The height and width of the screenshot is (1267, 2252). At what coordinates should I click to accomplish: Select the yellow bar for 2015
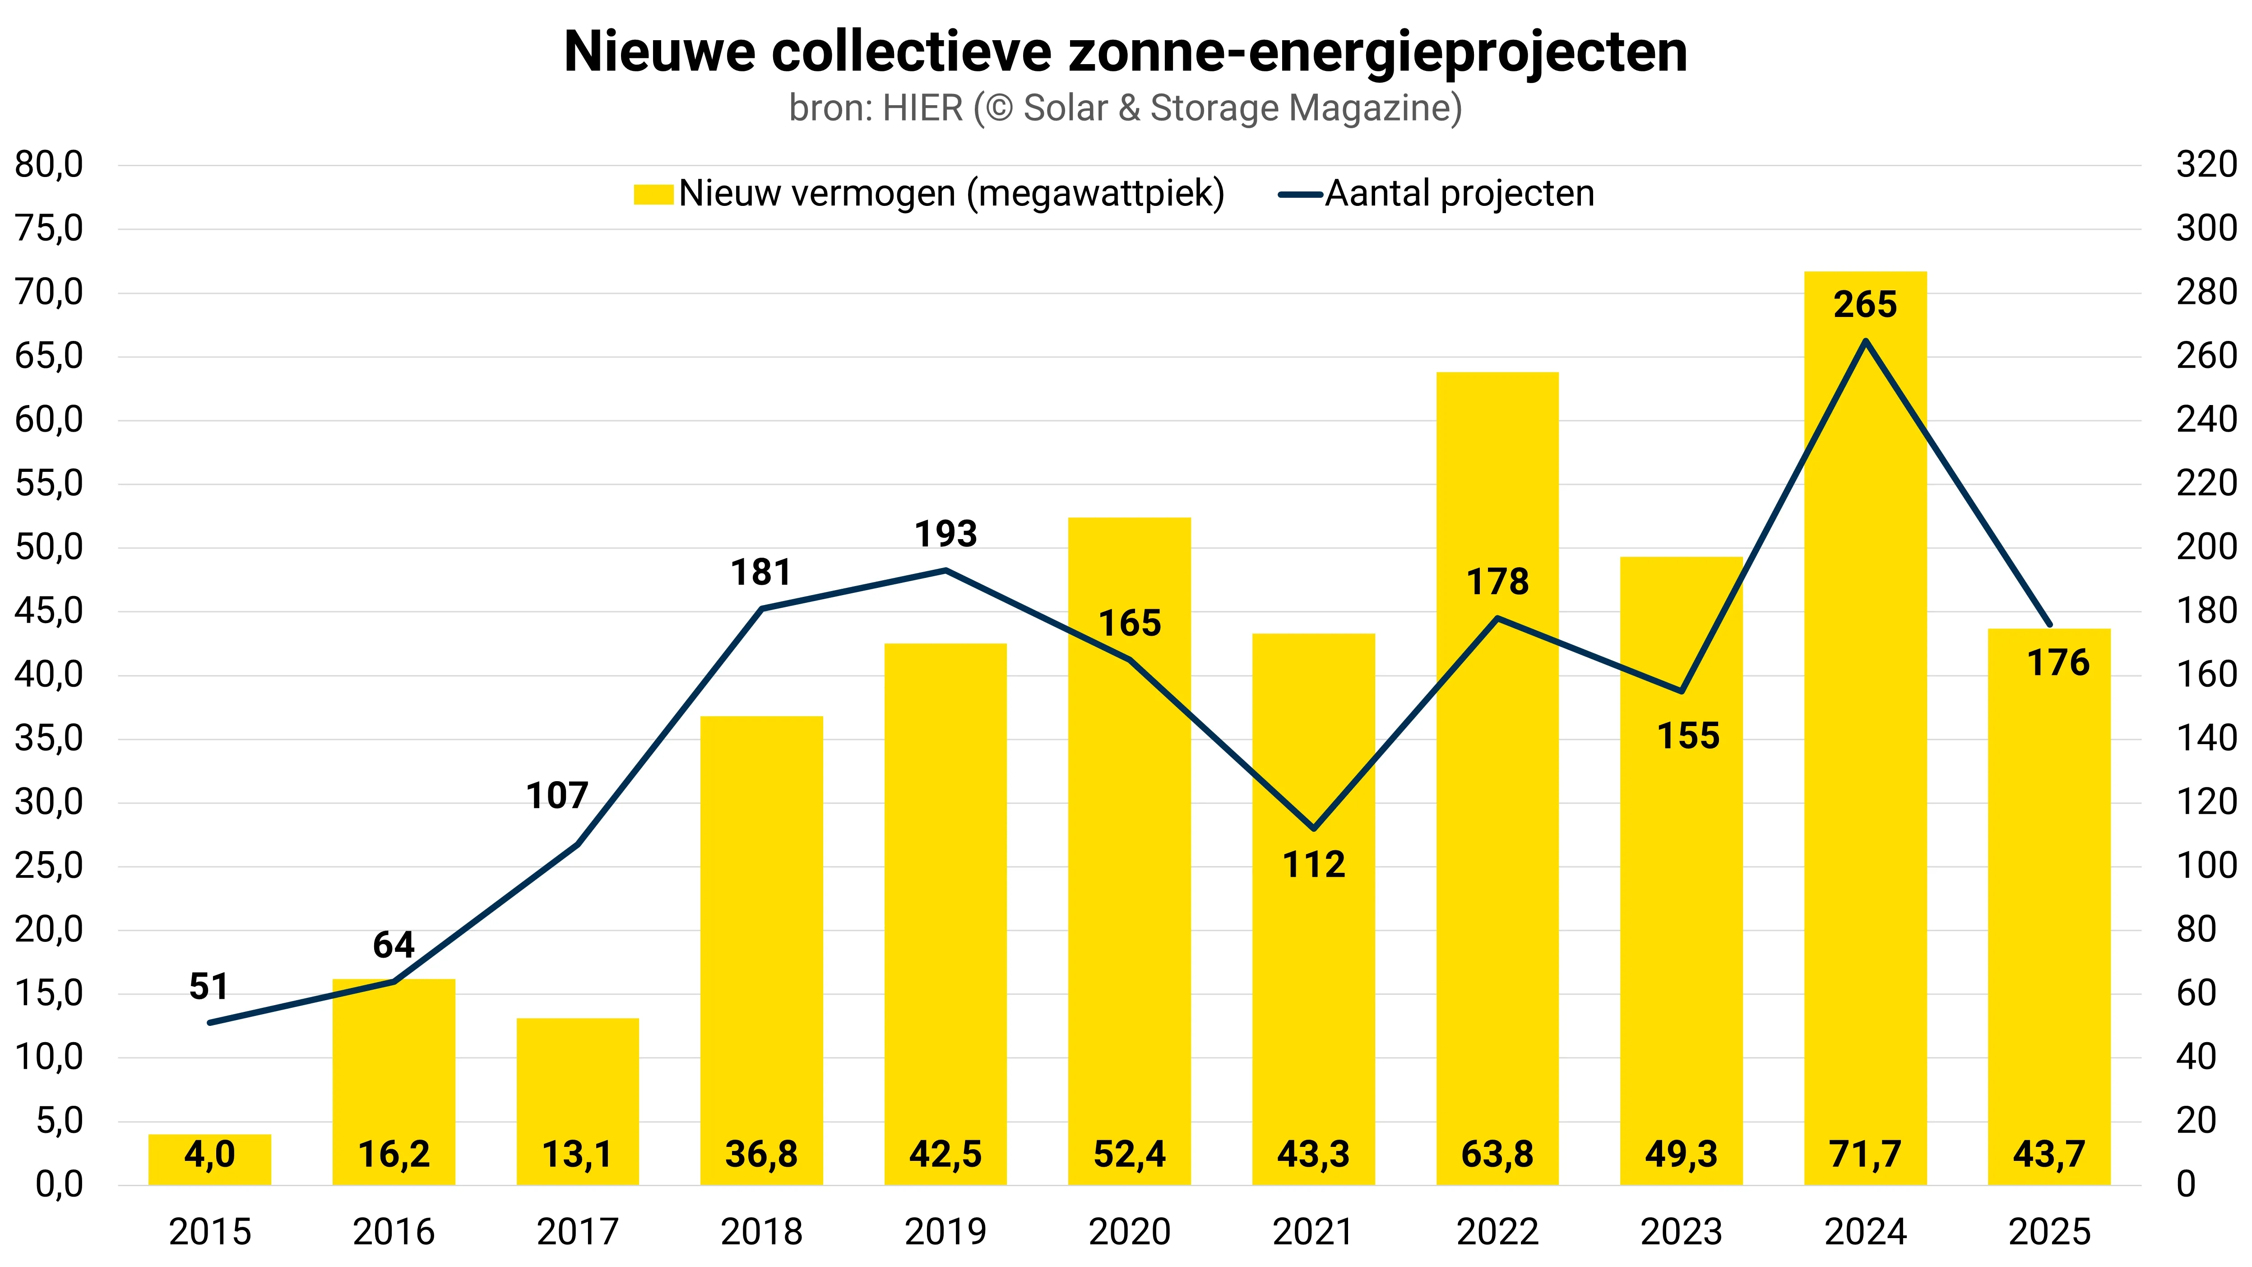[210, 1160]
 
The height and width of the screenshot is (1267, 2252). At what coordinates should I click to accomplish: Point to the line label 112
[1313, 865]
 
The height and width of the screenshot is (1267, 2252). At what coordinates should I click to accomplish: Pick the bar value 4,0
[210, 1154]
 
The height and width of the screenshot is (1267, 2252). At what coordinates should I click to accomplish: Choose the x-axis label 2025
[2049, 1232]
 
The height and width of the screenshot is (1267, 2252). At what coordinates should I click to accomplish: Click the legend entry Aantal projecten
[1459, 193]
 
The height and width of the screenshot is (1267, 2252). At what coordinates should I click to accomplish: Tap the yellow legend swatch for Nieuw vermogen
[653, 194]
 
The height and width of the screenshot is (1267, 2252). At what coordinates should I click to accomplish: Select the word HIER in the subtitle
[922, 108]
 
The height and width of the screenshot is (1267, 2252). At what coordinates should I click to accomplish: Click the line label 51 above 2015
[209, 986]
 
